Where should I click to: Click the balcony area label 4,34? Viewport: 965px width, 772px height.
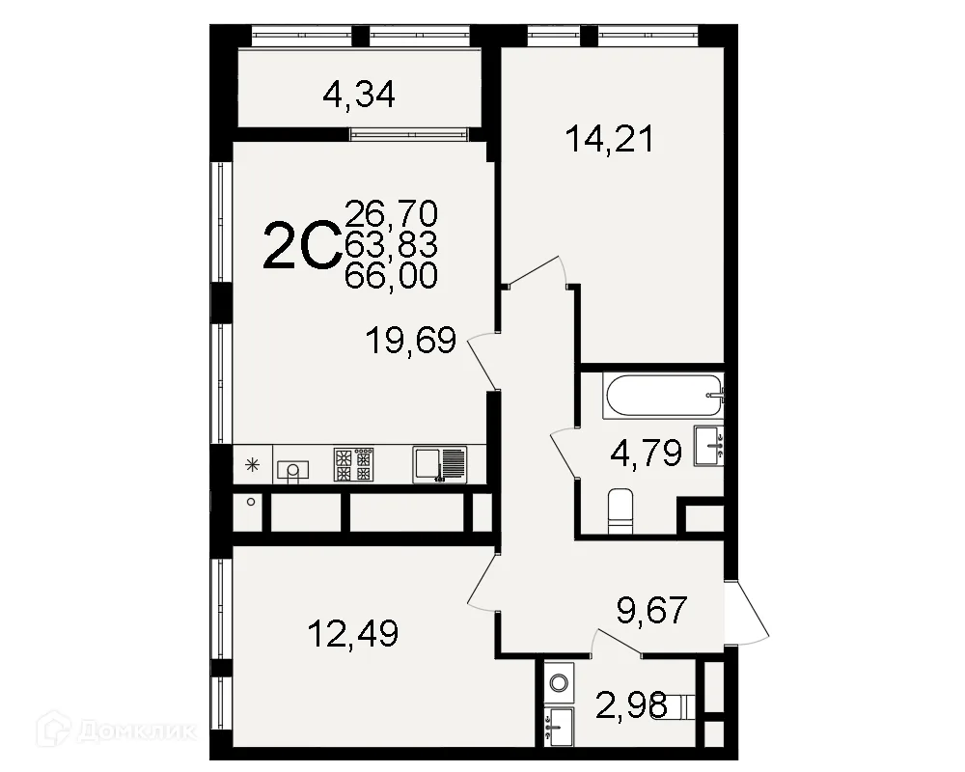point(359,96)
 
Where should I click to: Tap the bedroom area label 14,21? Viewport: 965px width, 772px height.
point(609,139)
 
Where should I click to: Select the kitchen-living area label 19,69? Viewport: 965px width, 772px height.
point(410,341)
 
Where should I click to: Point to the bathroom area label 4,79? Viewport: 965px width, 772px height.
point(646,454)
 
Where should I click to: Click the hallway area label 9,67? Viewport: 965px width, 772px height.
point(651,610)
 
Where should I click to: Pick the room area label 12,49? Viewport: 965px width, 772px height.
point(353,633)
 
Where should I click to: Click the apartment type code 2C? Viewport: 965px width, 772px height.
point(301,246)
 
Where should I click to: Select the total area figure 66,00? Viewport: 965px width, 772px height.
point(392,275)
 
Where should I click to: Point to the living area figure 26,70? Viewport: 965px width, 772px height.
point(392,214)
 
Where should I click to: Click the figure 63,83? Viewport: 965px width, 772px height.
point(392,245)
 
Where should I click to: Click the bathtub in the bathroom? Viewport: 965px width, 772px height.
point(664,397)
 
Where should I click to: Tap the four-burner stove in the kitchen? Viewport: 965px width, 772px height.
point(354,464)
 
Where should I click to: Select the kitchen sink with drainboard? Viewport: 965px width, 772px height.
point(439,464)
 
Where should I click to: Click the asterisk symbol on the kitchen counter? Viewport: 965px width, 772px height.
point(252,465)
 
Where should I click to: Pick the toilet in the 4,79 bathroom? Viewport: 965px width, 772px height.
point(620,511)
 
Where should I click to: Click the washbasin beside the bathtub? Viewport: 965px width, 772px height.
point(708,445)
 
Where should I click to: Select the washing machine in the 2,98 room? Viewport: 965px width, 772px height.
point(559,682)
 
